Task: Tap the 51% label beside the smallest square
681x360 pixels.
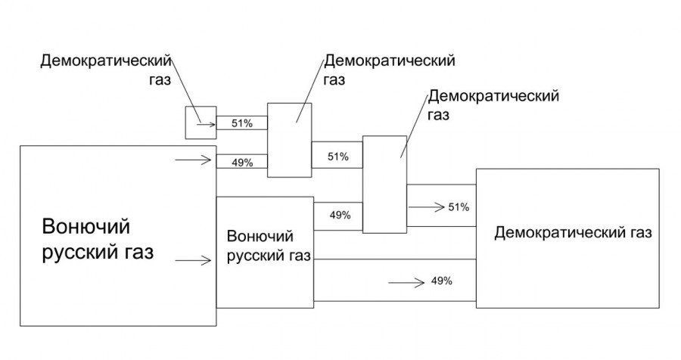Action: coord(241,123)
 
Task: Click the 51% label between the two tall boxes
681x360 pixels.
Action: coord(337,157)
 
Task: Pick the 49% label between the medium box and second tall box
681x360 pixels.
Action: coord(340,215)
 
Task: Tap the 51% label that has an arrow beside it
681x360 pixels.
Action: coord(459,206)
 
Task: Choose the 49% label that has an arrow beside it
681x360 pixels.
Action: coord(441,281)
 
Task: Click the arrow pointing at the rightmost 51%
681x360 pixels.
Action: coord(425,206)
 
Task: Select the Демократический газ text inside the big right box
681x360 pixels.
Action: coord(572,232)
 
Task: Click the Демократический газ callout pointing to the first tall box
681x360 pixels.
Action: coord(389,67)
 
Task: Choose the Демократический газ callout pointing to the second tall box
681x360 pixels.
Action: coord(493,104)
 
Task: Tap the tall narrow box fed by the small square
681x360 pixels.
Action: coord(289,140)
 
